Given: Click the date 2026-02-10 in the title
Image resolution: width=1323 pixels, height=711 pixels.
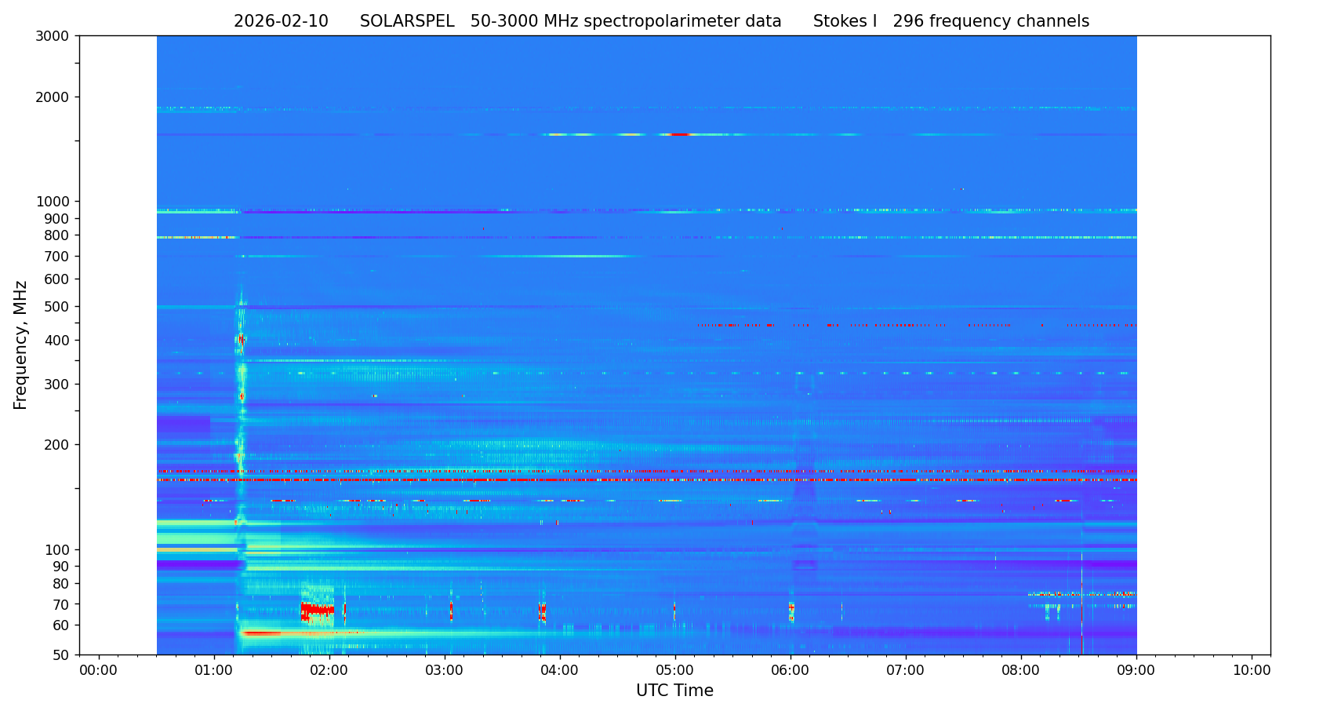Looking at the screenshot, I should [281, 22].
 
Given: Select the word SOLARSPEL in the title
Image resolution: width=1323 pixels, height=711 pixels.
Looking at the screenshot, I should [407, 22].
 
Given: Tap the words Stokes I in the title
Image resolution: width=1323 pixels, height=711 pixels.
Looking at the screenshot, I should [845, 22].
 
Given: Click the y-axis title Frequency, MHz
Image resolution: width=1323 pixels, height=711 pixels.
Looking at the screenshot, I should [21, 345].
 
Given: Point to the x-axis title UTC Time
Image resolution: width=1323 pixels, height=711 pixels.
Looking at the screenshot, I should [674, 691].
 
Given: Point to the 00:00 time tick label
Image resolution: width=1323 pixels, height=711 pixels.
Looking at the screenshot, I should [99, 671].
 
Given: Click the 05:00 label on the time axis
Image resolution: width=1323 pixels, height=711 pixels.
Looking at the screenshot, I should [675, 671].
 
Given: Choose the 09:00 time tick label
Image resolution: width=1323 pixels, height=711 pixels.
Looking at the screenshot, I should [1136, 671].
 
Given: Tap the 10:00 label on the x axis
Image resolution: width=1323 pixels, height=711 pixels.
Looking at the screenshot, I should [1252, 671].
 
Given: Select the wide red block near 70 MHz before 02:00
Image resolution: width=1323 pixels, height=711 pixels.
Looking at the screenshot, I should [317, 609].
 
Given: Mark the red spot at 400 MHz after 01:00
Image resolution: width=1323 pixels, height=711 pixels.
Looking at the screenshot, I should [241, 340].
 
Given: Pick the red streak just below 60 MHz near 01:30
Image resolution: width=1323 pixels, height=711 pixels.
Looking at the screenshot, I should [263, 633].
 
